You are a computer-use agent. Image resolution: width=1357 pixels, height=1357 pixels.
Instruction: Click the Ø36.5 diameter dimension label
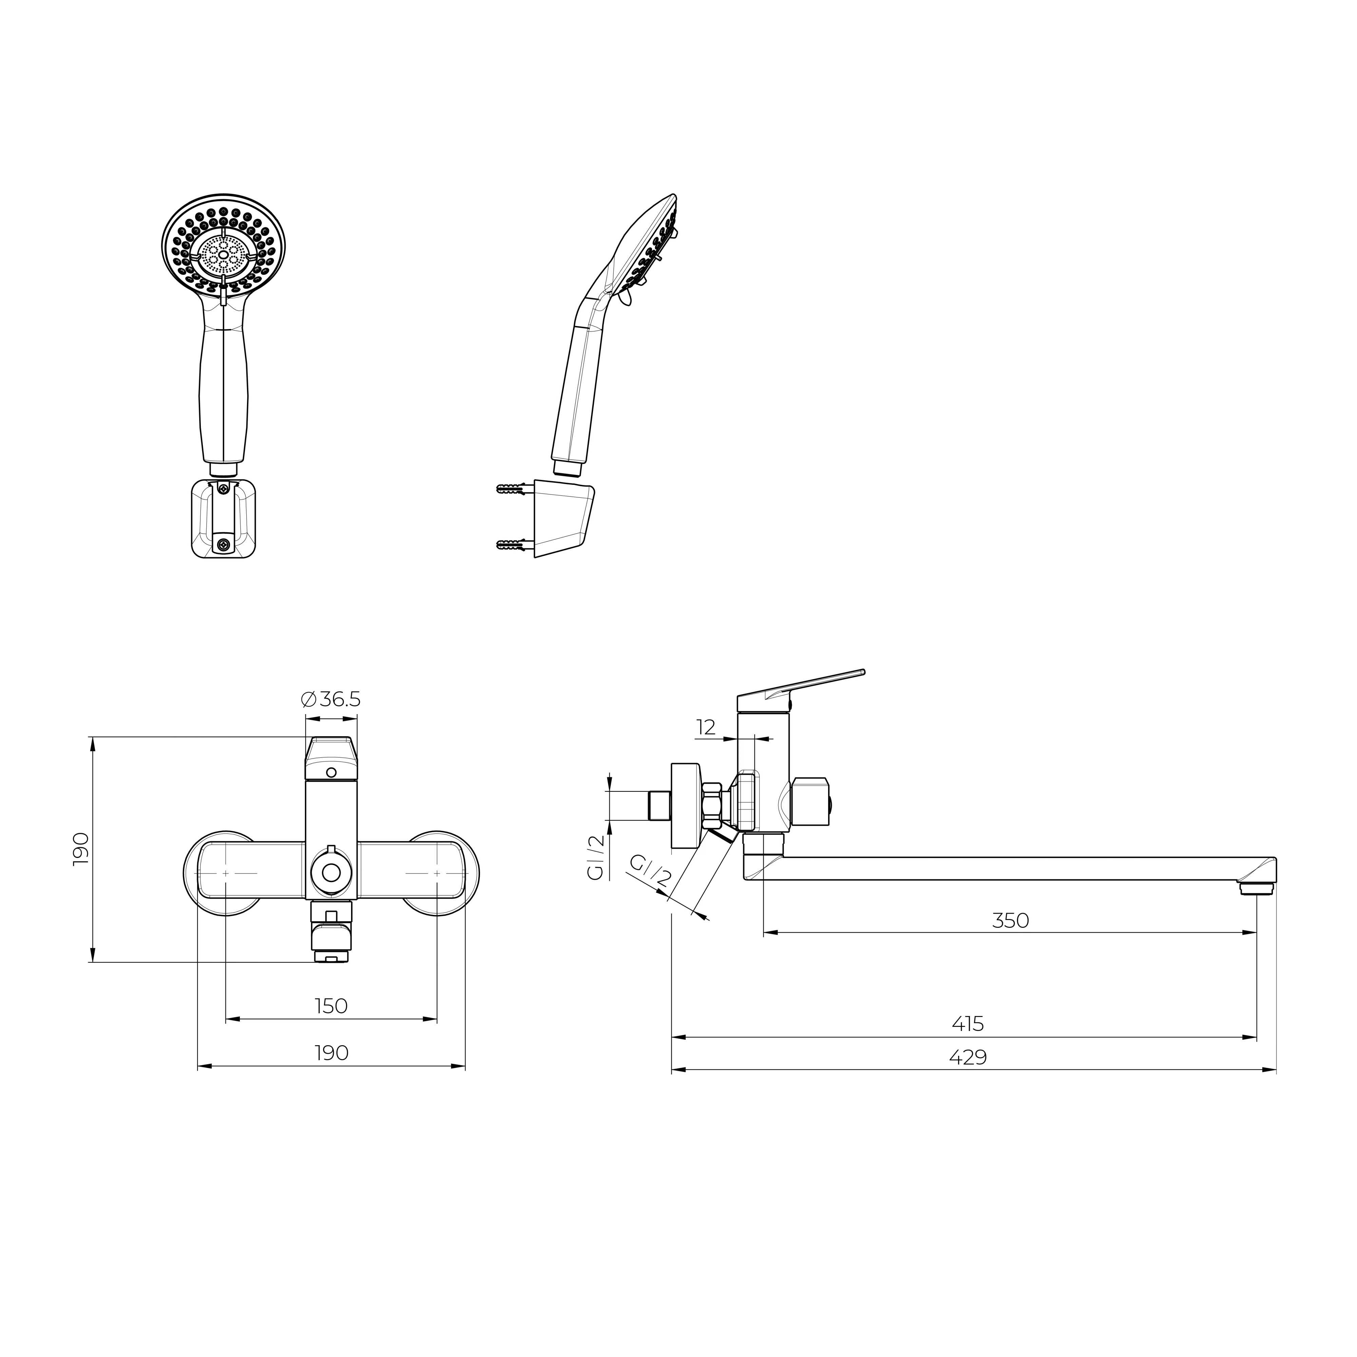[x=331, y=700]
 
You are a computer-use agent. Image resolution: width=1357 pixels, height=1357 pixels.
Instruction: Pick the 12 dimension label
[x=706, y=727]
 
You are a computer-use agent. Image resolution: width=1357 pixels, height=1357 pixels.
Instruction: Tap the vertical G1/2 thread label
[x=596, y=858]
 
